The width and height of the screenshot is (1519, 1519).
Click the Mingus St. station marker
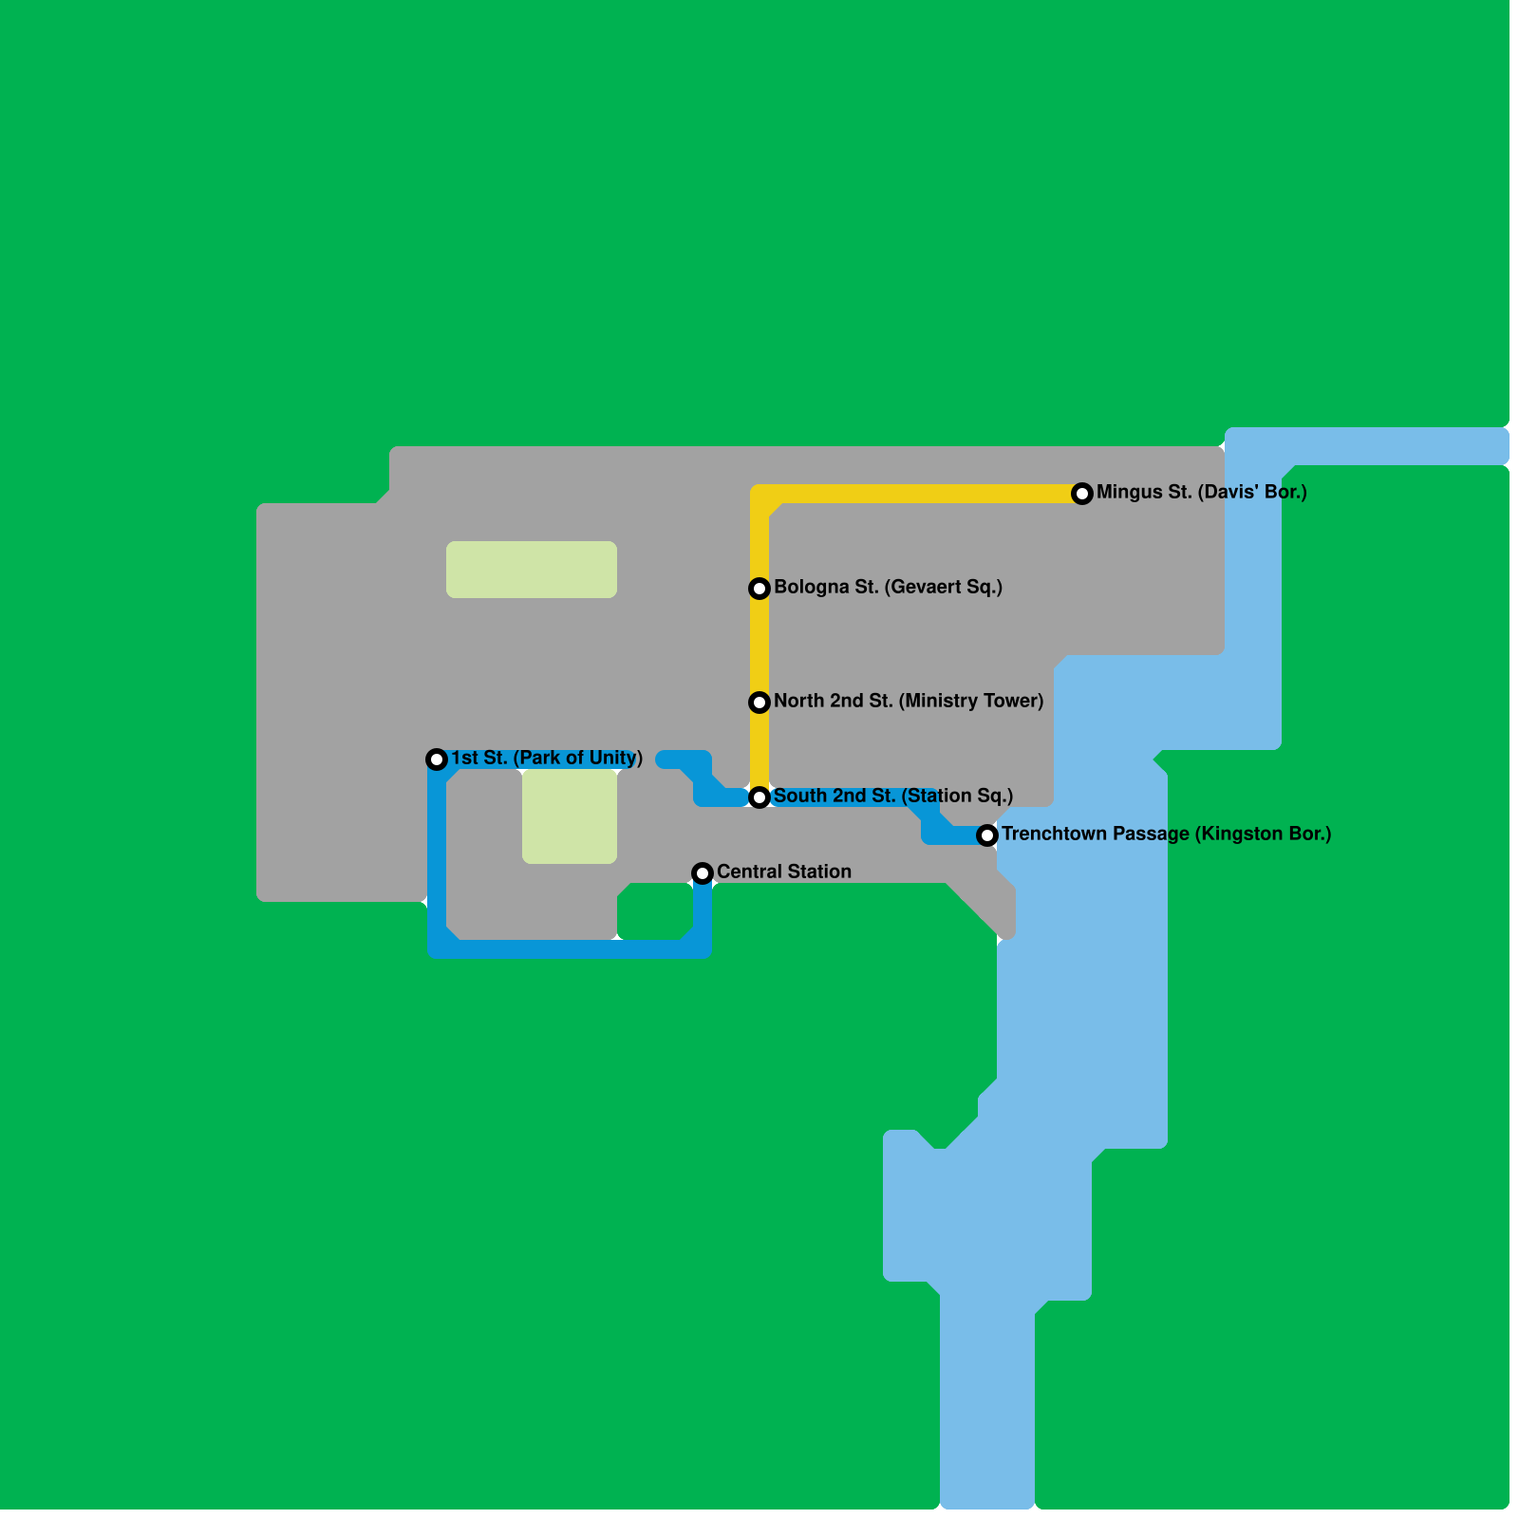pyautogui.click(x=1081, y=494)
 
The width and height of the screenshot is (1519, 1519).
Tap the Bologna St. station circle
pyautogui.click(x=759, y=589)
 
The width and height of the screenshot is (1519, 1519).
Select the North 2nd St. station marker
pyautogui.click(x=759, y=703)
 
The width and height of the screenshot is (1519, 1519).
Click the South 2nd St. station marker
pyautogui.click(x=759, y=797)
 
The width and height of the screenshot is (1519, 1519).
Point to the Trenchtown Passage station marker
pyautogui.click(x=987, y=835)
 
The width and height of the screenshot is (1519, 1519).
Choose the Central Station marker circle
pyautogui.click(x=702, y=873)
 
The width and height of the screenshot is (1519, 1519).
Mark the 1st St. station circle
pyautogui.click(x=437, y=759)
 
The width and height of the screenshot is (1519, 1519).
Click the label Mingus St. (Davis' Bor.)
pyautogui.click(x=1201, y=493)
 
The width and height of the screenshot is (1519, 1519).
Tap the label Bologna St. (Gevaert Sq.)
pyautogui.click(x=888, y=588)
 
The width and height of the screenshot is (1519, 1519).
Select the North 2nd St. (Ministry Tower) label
pyautogui.click(x=909, y=702)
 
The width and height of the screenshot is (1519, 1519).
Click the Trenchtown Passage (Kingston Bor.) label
pyautogui.click(x=1166, y=835)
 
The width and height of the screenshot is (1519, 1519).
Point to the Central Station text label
pyautogui.click(x=783, y=872)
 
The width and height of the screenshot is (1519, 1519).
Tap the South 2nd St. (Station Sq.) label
pyautogui.click(x=892, y=797)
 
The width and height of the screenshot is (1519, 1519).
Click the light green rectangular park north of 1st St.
pyautogui.click(x=532, y=570)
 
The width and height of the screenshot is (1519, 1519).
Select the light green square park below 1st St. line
pyautogui.click(x=570, y=816)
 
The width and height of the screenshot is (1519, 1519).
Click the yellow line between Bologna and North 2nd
pyautogui.click(x=759, y=646)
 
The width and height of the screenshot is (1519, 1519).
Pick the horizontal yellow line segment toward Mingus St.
pyautogui.click(x=921, y=494)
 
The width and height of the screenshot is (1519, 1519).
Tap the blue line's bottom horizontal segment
pyautogui.click(x=570, y=948)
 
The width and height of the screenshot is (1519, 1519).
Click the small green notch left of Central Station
pyautogui.click(x=654, y=911)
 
